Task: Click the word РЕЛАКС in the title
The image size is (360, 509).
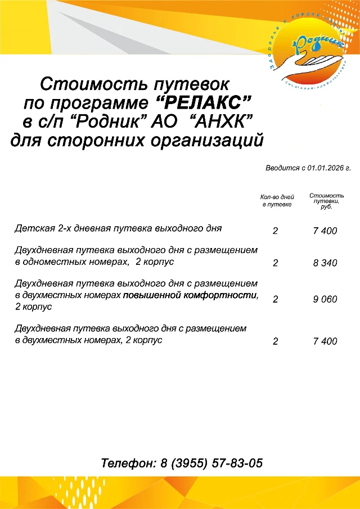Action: [202, 103]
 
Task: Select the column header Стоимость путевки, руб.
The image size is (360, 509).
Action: [326, 201]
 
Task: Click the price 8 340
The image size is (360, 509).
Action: [325, 263]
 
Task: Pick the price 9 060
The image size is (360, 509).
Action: [325, 299]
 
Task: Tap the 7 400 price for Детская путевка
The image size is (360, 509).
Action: [325, 231]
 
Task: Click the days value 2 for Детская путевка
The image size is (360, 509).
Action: [275, 231]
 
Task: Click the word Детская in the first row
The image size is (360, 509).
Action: [35, 228]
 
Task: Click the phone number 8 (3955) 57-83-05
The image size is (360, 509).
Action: [211, 464]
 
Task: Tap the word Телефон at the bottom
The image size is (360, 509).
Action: [128, 464]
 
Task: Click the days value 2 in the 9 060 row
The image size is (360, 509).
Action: [275, 299]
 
